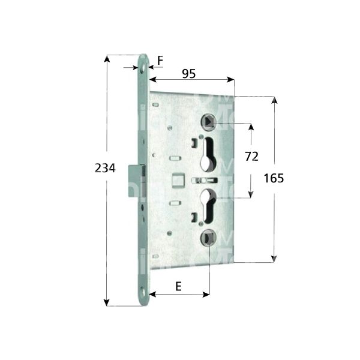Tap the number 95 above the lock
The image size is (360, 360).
[189, 74]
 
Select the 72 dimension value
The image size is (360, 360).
[252, 157]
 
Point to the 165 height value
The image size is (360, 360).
[274, 178]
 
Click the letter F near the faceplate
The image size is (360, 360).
[160, 59]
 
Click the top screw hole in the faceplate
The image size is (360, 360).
[143, 69]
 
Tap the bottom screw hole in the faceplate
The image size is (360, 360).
[143, 293]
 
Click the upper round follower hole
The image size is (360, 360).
[208, 122]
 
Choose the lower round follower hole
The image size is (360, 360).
[208, 240]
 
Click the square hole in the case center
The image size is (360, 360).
[176, 179]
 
